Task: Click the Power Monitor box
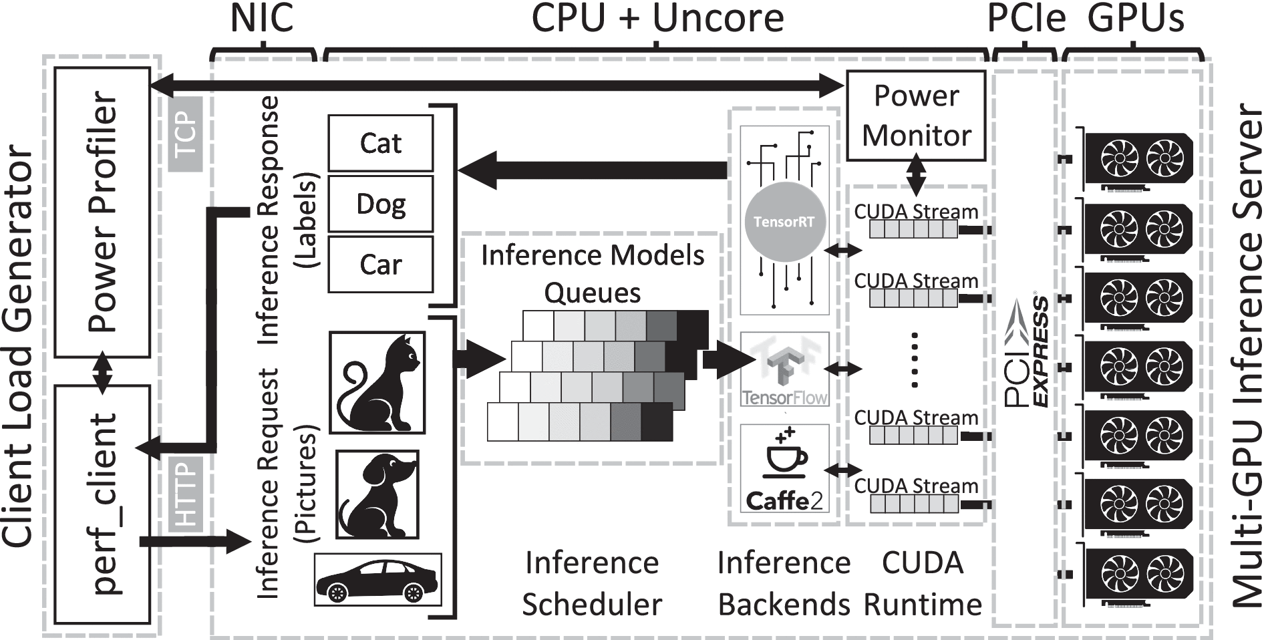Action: [x=916, y=116]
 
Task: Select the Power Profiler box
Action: [x=102, y=212]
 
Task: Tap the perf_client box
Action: [x=102, y=504]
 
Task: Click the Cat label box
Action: [x=380, y=143]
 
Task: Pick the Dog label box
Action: [x=380, y=203]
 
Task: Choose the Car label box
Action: [x=380, y=264]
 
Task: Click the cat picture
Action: [x=377, y=383]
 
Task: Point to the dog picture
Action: [x=377, y=494]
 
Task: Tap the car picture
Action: [x=378, y=579]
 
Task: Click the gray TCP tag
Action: [x=185, y=134]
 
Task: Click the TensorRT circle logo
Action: [x=784, y=222]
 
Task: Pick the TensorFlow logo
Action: [x=784, y=371]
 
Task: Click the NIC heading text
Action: [x=261, y=19]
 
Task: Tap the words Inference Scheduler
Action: [x=591, y=583]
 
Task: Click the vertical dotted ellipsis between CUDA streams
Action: [x=915, y=360]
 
